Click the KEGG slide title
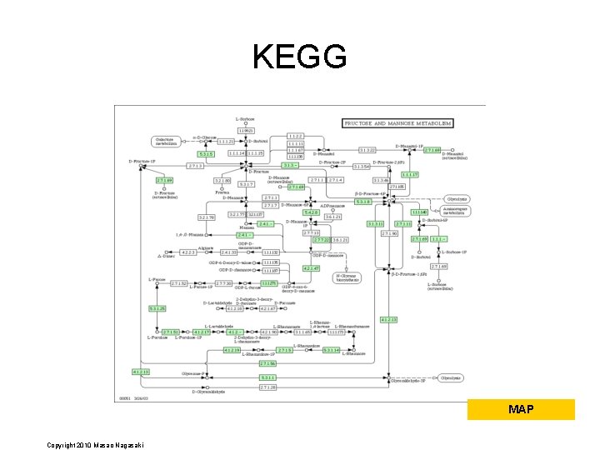pos(299,57)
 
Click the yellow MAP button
pos(521,409)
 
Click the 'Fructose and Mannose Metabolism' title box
pos(398,123)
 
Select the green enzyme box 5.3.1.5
pos(207,153)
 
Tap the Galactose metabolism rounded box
pos(166,141)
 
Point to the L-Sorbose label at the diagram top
pos(245,119)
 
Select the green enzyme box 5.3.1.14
pos(332,350)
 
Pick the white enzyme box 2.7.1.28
pos(267,387)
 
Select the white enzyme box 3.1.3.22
pos(367,150)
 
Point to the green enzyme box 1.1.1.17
pos(409,175)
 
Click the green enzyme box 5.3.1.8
pos(364,202)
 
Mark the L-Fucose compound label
pos(157,278)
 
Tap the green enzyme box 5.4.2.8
pos(312,212)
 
